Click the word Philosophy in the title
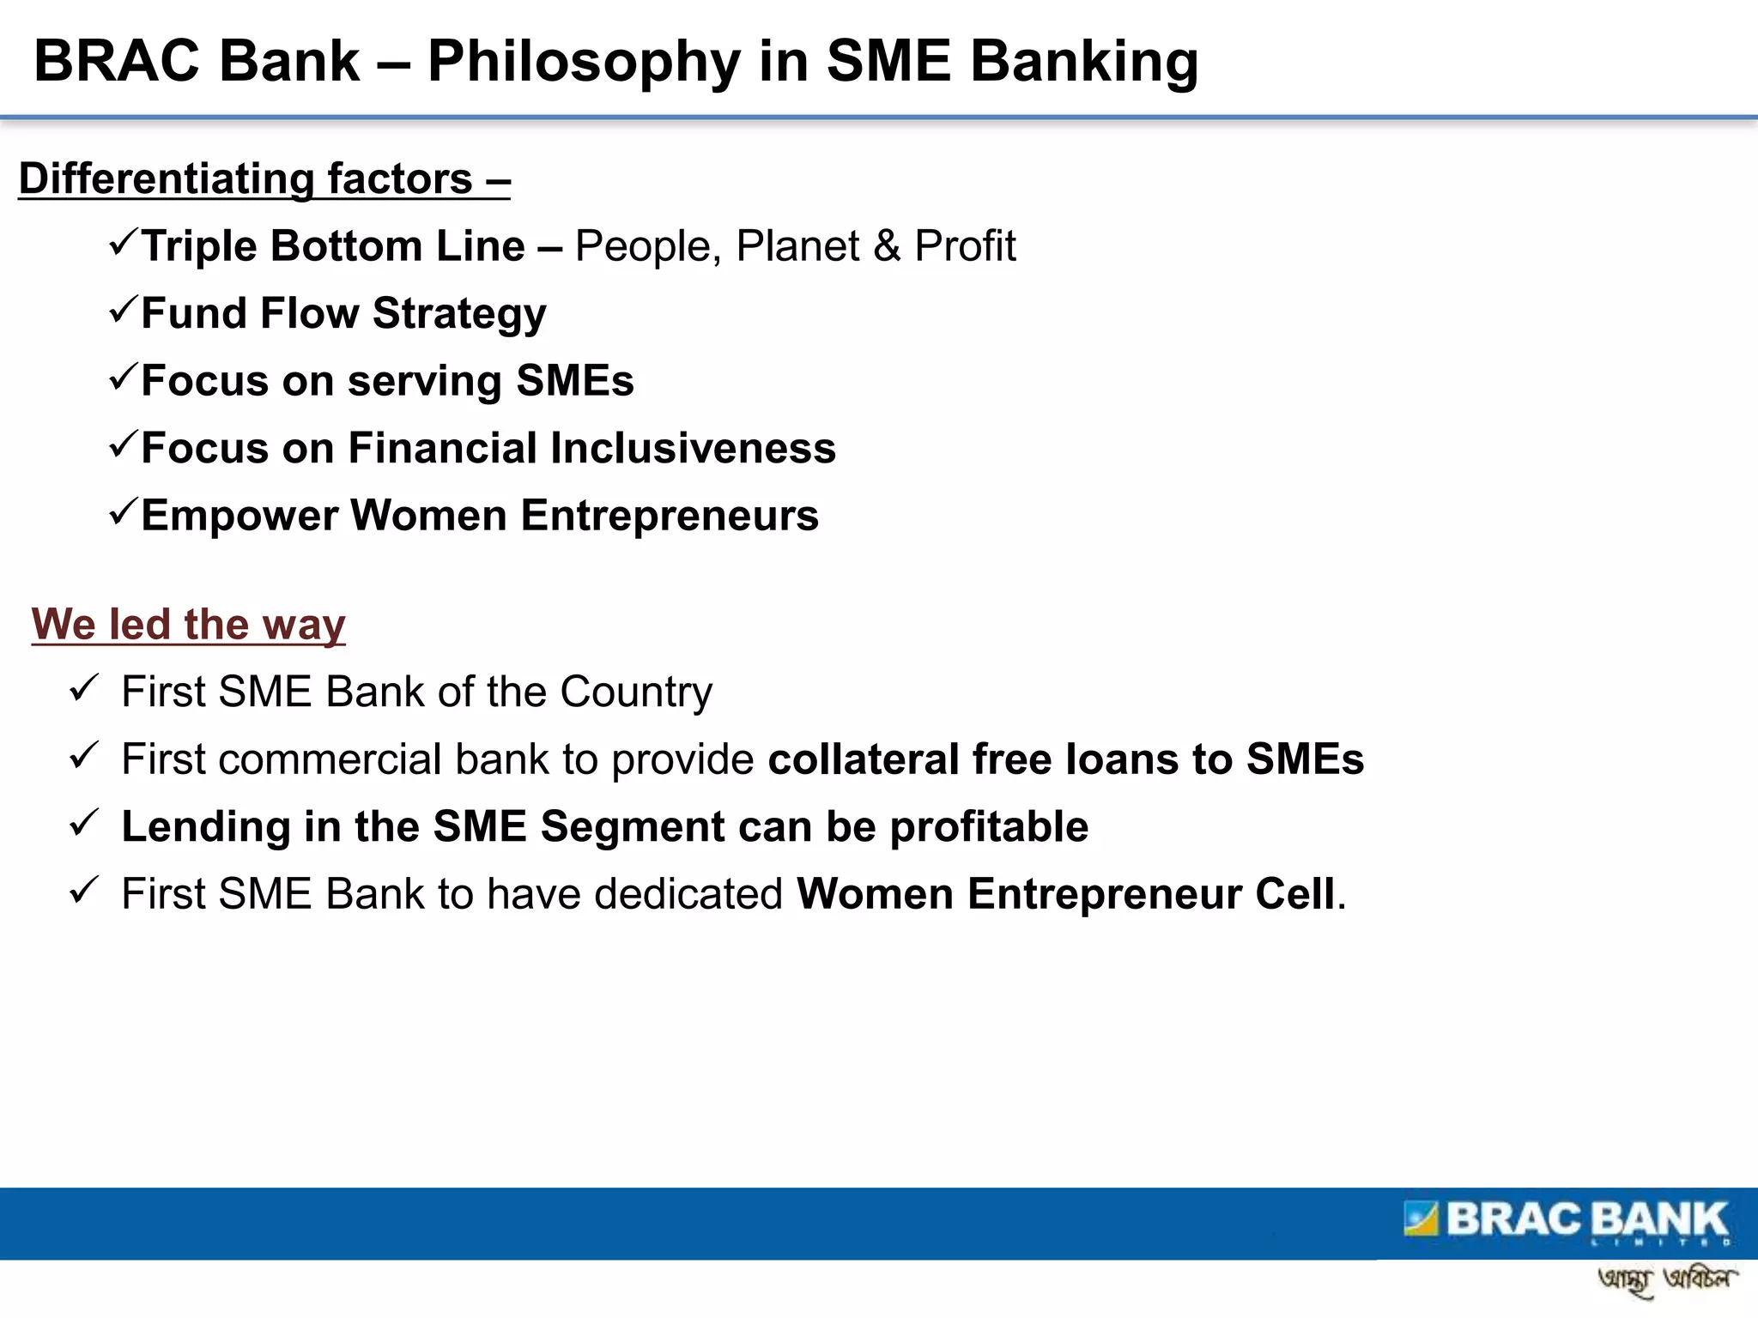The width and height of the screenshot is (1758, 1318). click(583, 63)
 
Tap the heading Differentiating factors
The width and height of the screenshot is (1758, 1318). click(264, 179)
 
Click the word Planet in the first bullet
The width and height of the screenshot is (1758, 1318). click(797, 246)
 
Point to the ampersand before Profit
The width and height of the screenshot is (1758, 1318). click(887, 246)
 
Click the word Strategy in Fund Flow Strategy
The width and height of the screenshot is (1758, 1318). click(459, 314)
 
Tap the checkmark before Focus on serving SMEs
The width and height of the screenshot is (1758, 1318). click(123, 378)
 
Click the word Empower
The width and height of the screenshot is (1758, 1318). click(239, 516)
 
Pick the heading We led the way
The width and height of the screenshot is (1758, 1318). click(189, 624)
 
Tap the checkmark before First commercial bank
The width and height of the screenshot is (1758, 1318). click(84, 756)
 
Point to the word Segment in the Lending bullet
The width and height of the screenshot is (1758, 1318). click(633, 827)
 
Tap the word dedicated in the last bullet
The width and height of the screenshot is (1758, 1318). click(688, 894)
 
